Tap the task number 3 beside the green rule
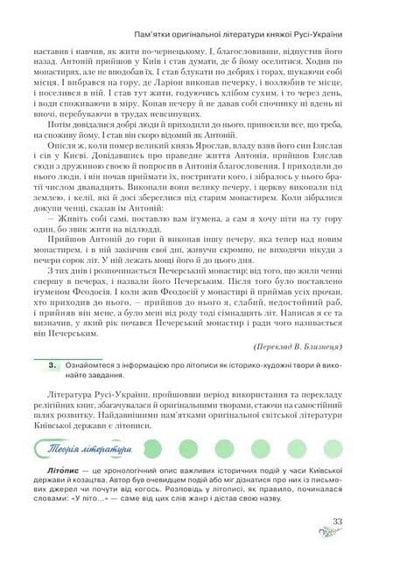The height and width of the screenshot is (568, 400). point(53,361)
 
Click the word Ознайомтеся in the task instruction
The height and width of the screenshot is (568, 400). point(96,361)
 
